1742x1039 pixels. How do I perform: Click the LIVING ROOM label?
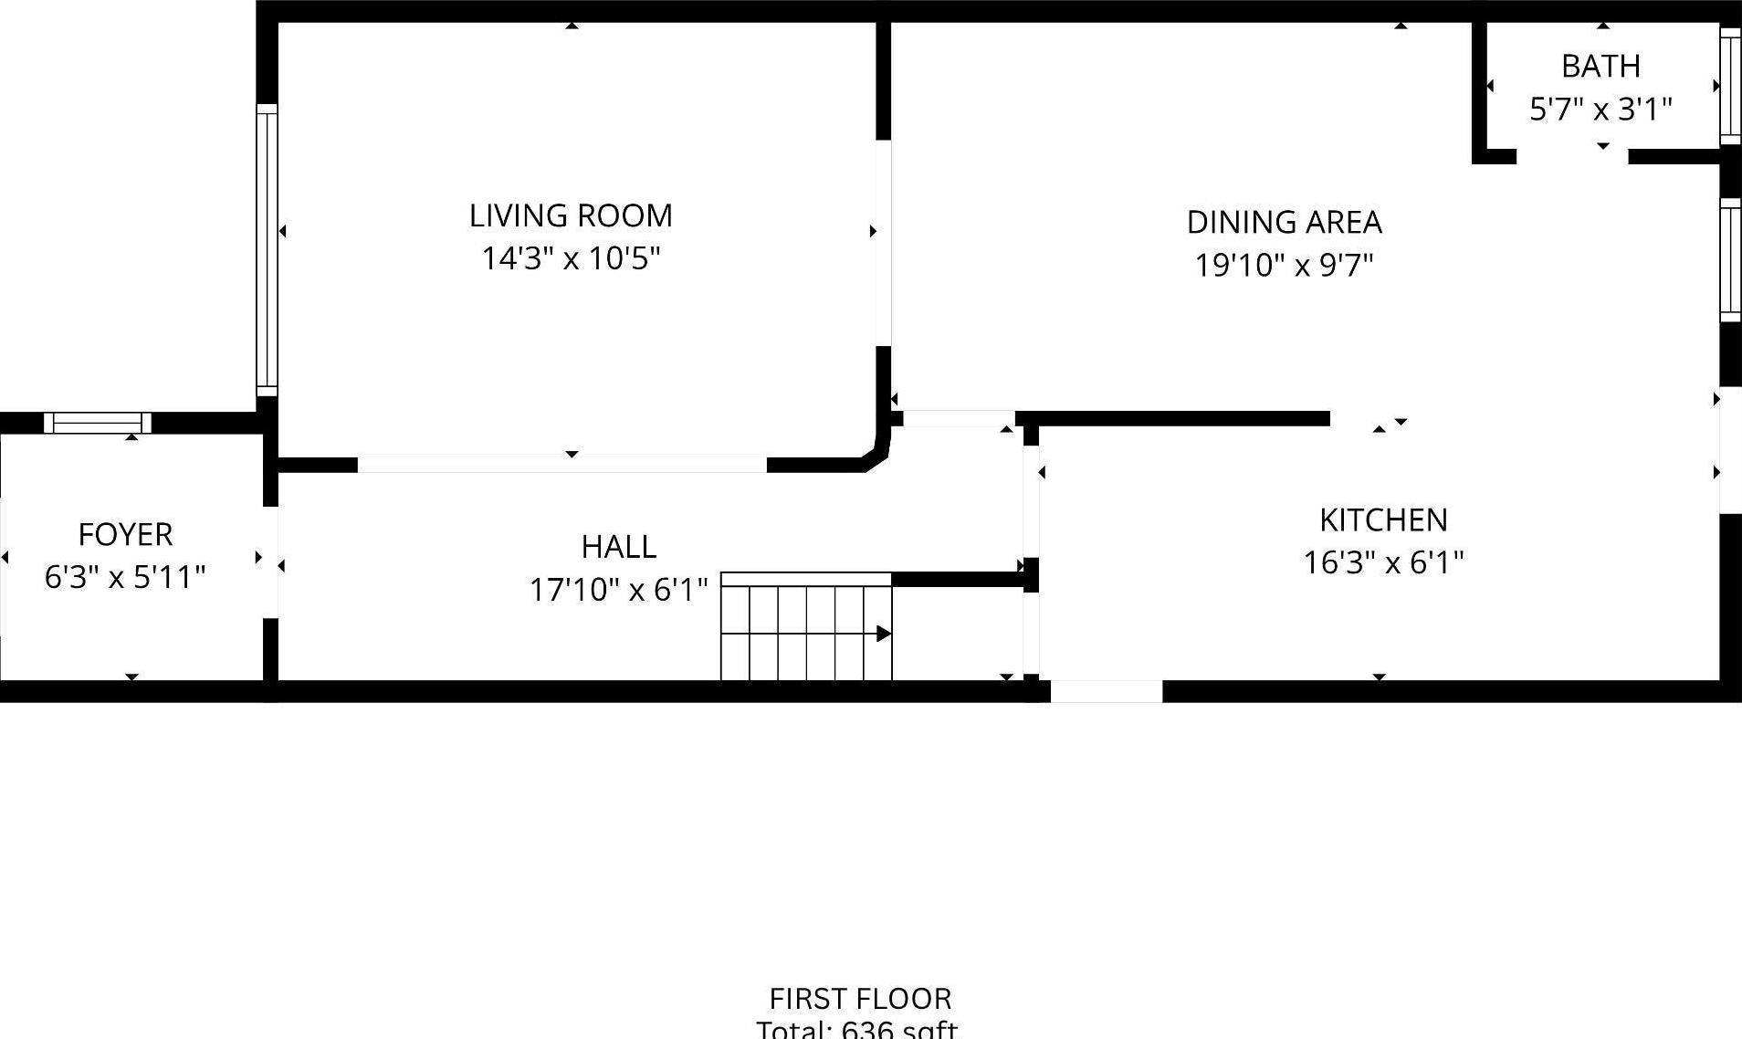click(571, 216)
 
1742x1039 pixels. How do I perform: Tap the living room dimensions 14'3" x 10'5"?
click(571, 259)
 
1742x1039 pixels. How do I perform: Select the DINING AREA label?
click(1284, 223)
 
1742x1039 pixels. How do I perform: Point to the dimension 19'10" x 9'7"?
click(1284, 266)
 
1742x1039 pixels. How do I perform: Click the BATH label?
click(1600, 67)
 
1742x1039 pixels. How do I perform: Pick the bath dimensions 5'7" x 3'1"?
click(1600, 110)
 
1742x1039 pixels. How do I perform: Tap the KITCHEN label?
click(1383, 520)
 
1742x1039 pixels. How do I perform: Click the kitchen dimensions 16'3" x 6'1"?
click(1383, 562)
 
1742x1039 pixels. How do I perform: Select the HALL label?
click(619, 547)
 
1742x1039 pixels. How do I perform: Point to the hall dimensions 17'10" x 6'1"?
click(619, 590)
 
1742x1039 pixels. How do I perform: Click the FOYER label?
click(125, 535)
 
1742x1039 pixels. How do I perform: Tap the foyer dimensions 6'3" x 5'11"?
click(125, 577)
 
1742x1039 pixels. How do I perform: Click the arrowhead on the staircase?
click(883, 634)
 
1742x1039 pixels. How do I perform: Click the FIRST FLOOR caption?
click(860, 998)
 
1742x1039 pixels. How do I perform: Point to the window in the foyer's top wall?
click(98, 423)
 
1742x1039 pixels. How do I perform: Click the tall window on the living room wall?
click(267, 249)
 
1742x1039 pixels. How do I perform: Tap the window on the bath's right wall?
click(1730, 86)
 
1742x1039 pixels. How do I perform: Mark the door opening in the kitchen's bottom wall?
click(1106, 691)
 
